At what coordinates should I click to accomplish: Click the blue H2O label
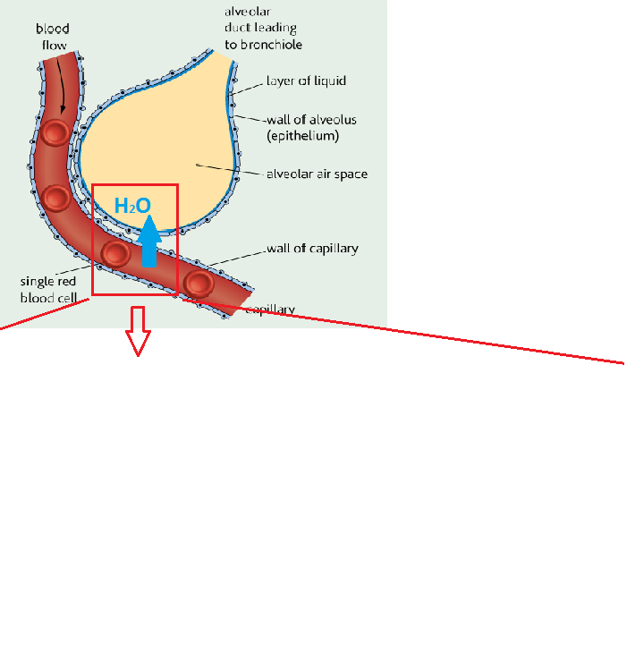click(x=132, y=206)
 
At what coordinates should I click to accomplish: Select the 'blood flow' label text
click(x=53, y=37)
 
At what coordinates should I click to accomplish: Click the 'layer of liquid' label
click(x=306, y=81)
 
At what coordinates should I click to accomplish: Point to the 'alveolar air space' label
click(x=317, y=174)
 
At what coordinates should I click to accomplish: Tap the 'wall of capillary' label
click(x=312, y=249)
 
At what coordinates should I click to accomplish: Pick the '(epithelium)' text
click(x=303, y=136)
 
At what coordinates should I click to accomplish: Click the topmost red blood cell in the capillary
click(x=55, y=132)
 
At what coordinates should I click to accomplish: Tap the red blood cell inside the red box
click(x=116, y=253)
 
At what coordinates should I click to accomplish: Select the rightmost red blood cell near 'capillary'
click(x=199, y=284)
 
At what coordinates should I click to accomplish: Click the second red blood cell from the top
click(x=55, y=198)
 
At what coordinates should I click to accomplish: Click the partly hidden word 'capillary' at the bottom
click(x=270, y=310)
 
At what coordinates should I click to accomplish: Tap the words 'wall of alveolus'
click(x=312, y=120)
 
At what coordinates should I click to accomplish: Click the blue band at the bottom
click(x=317, y=613)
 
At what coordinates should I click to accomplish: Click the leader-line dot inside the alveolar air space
click(x=197, y=165)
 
